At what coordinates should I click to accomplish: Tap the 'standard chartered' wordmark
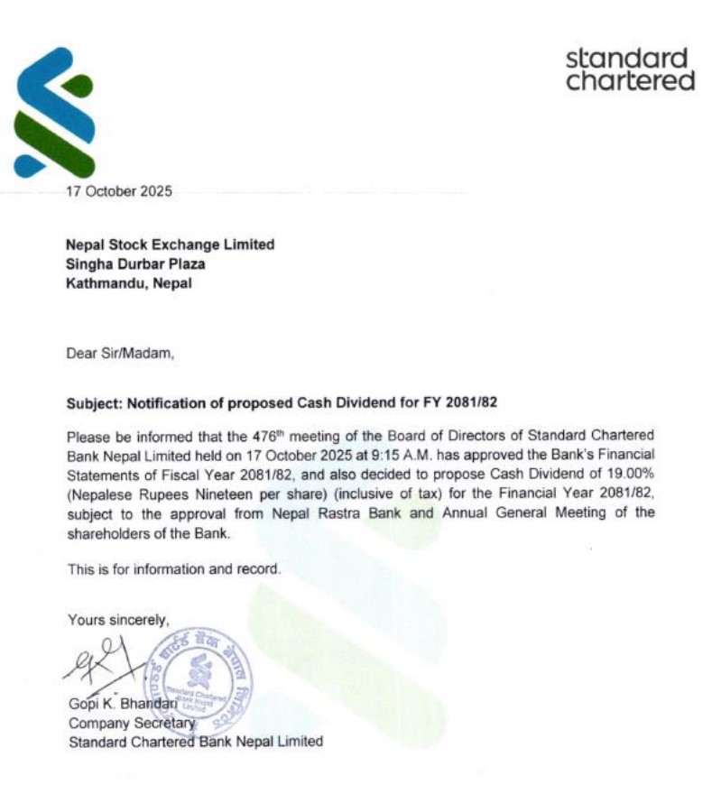630,70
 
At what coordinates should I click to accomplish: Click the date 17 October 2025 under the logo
118,190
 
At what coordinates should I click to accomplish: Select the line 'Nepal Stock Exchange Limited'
170,245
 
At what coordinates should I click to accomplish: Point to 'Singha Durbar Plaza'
135,263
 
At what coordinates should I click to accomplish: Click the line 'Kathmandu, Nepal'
129,282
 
